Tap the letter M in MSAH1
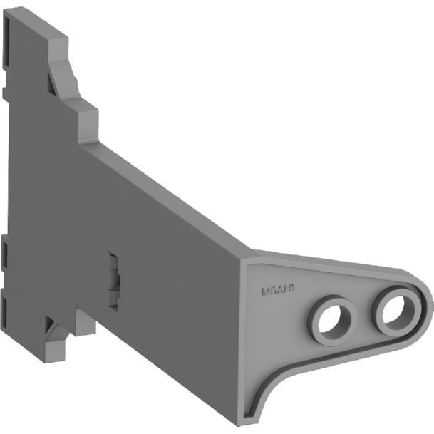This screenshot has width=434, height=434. coord(264,291)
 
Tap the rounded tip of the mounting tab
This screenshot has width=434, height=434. coord(426,303)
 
